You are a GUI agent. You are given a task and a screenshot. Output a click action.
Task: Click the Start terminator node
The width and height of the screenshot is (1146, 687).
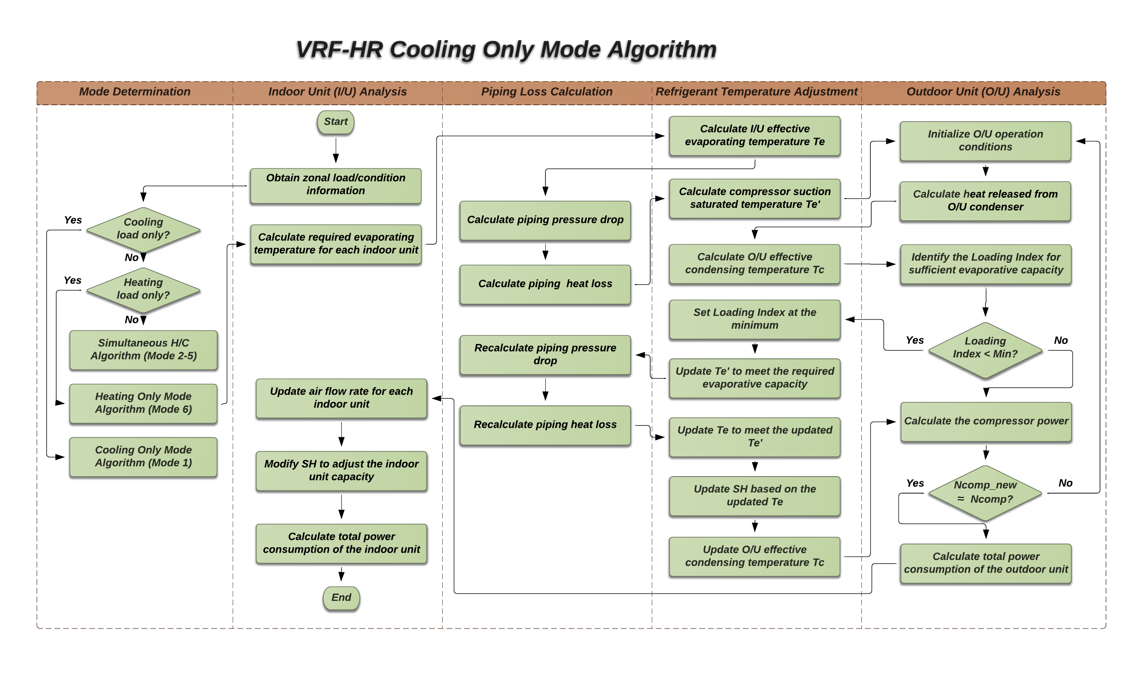[335, 122]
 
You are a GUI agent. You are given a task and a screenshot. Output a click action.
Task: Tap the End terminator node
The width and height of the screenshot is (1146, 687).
[341, 598]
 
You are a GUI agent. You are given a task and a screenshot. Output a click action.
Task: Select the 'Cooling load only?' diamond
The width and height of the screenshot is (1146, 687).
[143, 229]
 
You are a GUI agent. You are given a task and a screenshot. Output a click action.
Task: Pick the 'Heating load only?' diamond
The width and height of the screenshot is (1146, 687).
[143, 289]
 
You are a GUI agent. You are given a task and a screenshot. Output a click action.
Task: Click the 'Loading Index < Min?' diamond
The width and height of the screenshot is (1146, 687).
[985, 348]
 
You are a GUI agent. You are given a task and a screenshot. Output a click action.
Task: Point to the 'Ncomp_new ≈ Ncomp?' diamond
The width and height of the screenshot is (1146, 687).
[985, 492]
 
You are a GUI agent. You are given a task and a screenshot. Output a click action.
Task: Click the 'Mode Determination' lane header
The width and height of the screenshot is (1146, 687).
[135, 92]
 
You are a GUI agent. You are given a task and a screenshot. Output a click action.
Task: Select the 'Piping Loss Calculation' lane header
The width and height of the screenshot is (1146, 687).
[547, 92]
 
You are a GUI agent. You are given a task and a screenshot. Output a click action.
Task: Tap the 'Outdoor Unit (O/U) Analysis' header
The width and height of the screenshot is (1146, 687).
[983, 92]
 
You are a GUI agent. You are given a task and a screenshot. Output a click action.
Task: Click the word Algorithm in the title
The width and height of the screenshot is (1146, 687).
[662, 49]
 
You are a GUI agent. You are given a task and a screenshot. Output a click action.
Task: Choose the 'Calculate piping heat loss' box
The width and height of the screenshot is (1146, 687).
[545, 284]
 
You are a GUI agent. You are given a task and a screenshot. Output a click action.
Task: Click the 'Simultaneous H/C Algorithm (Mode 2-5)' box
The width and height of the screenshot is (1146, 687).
[143, 350]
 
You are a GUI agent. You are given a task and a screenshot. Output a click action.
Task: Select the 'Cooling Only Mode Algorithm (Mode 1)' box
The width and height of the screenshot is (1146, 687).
[143, 457]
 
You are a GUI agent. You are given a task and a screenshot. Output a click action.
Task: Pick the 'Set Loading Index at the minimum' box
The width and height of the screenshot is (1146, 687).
[754, 319]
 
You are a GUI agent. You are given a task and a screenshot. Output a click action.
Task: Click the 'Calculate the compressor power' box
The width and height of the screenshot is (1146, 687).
[985, 421]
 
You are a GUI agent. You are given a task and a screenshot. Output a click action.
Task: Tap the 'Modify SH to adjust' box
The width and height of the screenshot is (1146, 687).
[341, 471]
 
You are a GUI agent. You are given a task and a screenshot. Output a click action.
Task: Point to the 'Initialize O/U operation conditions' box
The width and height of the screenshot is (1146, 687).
[985, 141]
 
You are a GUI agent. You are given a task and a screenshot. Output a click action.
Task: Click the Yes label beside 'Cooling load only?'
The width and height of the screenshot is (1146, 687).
[73, 220]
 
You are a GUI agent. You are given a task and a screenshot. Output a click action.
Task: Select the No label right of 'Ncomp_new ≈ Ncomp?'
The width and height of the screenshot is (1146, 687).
[1065, 483]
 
